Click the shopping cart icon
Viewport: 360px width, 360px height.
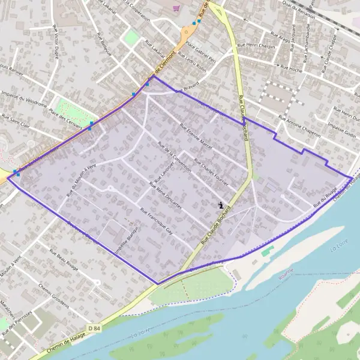176,8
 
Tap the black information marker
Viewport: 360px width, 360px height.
221,205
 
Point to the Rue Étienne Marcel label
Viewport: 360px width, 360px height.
196,136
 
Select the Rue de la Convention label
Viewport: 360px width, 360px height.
174,157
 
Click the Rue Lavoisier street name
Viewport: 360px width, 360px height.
163,173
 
